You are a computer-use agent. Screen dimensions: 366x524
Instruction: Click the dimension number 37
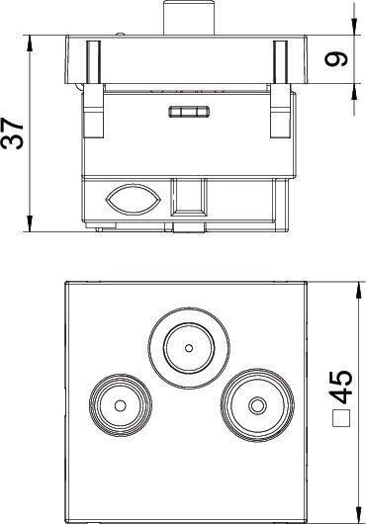click(13, 133)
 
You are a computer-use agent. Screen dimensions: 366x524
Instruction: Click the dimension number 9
click(336, 59)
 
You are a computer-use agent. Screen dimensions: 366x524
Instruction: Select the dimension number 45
click(341, 387)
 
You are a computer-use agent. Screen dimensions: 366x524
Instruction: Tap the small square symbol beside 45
click(341, 418)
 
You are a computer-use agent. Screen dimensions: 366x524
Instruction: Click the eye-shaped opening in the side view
click(134, 200)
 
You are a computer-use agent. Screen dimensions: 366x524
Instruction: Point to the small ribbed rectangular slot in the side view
click(189, 112)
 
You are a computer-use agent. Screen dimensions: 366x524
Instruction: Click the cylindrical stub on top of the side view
click(189, 18)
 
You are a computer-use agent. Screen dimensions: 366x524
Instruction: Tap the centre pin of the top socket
click(189, 348)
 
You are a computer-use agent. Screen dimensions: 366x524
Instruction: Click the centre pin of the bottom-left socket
click(121, 405)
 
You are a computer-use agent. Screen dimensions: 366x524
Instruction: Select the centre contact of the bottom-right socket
click(257, 405)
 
